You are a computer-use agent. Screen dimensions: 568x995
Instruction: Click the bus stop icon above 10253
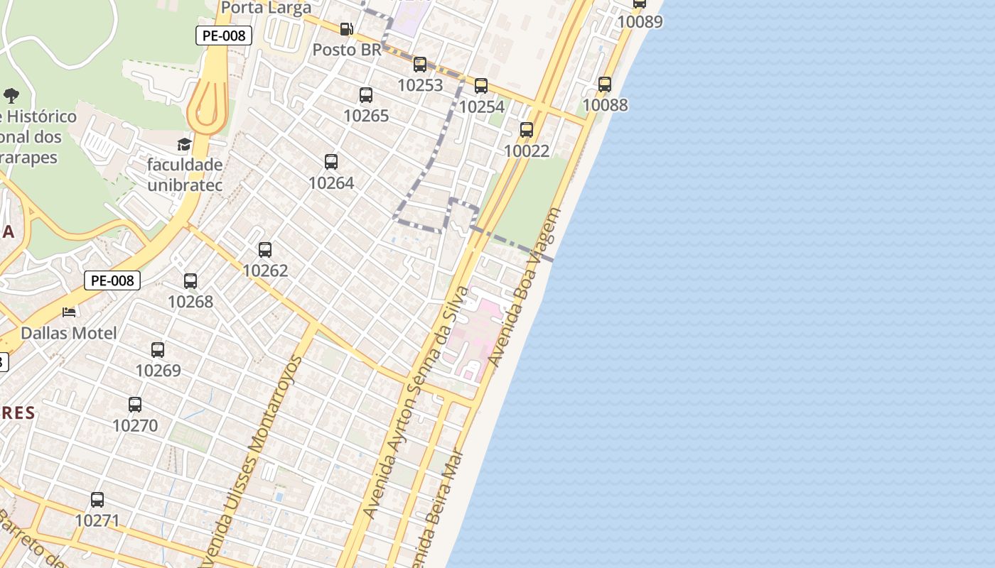pos(420,65)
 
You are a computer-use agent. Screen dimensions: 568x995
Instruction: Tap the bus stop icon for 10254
pos(481,86)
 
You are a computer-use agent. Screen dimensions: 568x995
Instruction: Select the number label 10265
pos(366,116)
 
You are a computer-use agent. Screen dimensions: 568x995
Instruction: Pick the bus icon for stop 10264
pos(331,162)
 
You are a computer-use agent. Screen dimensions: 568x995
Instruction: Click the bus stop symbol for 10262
pos(265,250)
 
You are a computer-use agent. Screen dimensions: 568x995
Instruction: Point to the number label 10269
pos(158,371)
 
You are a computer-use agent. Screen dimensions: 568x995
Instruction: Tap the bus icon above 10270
pos(135,405)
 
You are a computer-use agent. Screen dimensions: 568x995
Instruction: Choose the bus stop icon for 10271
pos(97,500)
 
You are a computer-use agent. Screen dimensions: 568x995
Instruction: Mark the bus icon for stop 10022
pos(527,130)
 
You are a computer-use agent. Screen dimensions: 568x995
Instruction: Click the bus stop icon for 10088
pos(605,84)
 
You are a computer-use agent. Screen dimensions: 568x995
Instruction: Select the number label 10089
pos(640,22)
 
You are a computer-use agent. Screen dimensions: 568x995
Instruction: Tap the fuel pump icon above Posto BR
pos(347,29)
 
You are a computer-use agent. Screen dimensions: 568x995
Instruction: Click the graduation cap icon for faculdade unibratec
pos(185,145)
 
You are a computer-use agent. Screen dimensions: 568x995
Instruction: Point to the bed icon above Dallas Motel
pos(69,312)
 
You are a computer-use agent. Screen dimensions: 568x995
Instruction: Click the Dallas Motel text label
pos(69,333)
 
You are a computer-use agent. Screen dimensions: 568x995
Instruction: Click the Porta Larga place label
pos(267,8)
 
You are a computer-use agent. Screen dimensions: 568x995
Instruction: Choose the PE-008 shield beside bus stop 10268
pos(112,280)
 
